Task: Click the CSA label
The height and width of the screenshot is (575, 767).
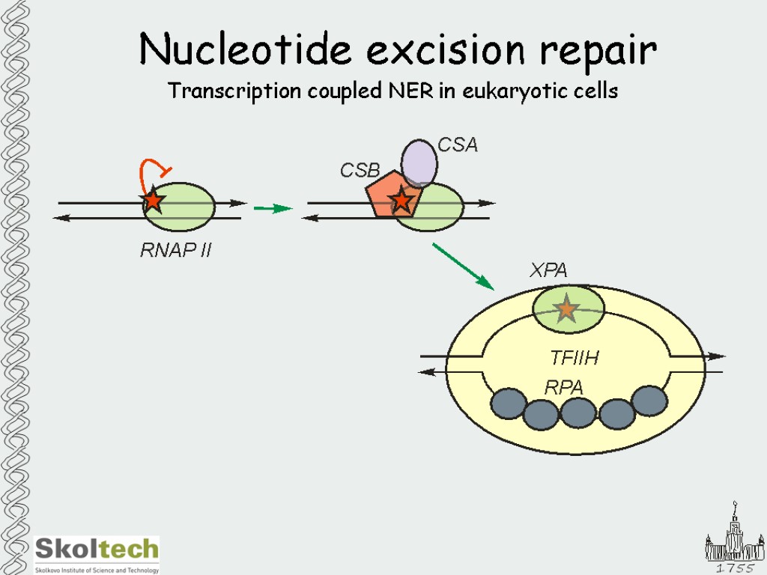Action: pyautogui.click(x=458, y=144)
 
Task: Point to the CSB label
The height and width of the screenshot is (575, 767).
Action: pyautogui.click(x=360, y=171)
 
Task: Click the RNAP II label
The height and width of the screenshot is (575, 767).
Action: pyautogui.click(x=176, y=251)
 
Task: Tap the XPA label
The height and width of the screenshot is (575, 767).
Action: pyautogui.click(x=548, y=271)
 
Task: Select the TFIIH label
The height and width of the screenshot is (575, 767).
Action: pyautogui.click(x=575, y=359)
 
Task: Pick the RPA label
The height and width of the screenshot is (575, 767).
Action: pyautogui.click(x=563, y=387)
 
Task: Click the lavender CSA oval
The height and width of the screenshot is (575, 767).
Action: pyautogui.click(x=419, y=162)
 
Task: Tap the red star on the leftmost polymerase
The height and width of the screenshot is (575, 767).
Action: pyautogui.click(x=153, y=201)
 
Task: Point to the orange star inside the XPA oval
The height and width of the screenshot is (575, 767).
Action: pyautogui.click(x=566, y=308)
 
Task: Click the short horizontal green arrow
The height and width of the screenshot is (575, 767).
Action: pyautogui.click(x=272, y=208)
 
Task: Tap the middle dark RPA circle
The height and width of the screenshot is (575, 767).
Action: pyautogui.click(x=577, y=413)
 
